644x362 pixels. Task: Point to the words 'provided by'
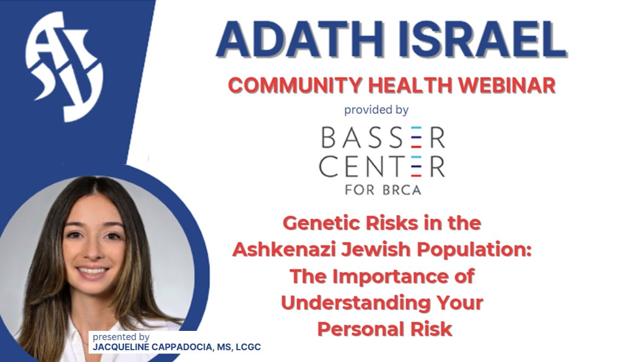coord(376,110)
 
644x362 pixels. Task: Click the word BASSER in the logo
coord(383,138)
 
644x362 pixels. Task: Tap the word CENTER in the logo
coord(382,167)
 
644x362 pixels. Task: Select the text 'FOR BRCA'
coord(382,190)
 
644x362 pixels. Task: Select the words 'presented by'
coord(121,337)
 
